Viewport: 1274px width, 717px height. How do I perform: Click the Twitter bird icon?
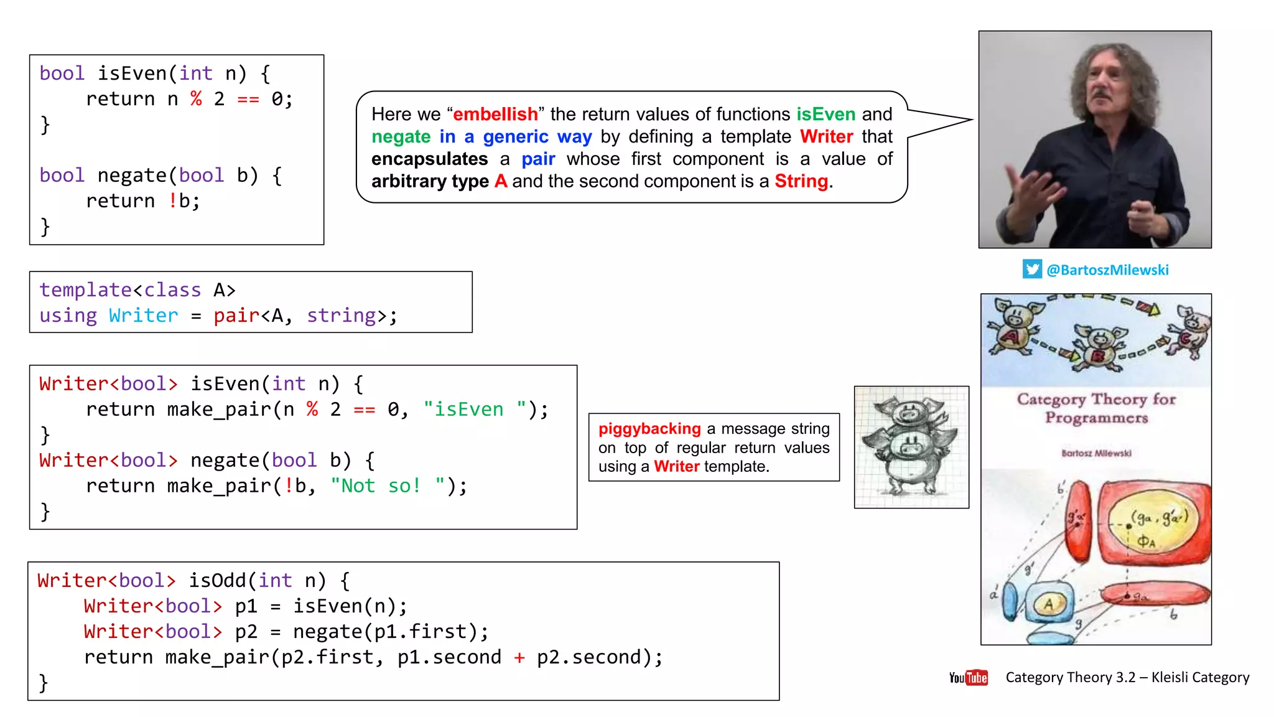click(x=1032, y=269)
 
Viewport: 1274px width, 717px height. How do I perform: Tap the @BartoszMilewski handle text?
click(x=1107, y=270)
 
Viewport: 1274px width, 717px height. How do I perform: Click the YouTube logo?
click(x=968, y=677)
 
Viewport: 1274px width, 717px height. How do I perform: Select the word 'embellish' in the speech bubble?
click(x=495, y=115)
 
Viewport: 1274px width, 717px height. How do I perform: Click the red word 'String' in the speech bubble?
click(x=801, y=181)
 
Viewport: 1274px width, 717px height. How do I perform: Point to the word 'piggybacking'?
click(x=649, y=429)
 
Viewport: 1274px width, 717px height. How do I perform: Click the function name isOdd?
click(x=217, y=581)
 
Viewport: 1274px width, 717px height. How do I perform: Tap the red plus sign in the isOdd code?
click(x=519, y=657)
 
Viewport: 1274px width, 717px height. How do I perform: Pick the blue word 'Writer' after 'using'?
click(x=143, y=316)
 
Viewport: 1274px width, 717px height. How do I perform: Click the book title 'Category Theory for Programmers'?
click(x=1096, y=408)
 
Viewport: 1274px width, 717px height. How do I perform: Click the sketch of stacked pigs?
click(x=911, y=447)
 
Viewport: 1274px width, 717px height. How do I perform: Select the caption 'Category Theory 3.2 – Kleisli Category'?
click(x=1127, y=677)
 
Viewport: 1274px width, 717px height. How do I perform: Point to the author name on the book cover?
click(x=1096, y=453)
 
